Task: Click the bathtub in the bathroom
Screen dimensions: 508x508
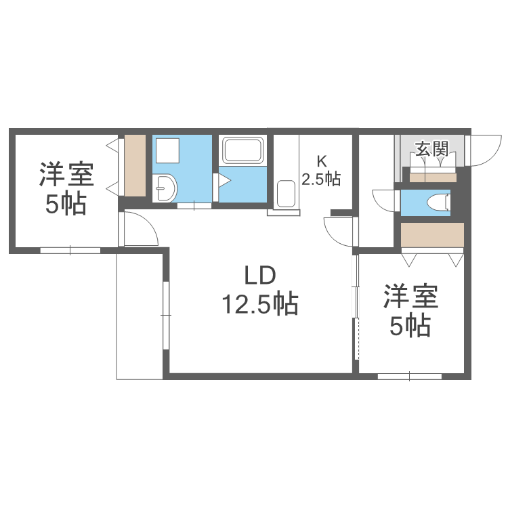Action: tap(242, 150)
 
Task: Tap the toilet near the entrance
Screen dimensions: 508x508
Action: tap(439, 203)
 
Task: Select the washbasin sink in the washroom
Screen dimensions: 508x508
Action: tap(165, 188)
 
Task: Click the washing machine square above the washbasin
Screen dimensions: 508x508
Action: tap(167, 150)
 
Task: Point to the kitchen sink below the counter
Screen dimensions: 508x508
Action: tap(286, 194)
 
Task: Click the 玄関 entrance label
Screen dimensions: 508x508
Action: tap(432, 149)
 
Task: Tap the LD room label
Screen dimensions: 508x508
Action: tap(260, 275)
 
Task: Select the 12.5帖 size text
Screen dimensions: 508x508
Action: tap(260, 305)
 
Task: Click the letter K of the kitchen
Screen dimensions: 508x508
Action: tap(321, 161)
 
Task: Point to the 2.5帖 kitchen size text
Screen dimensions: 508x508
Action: tap(321, 179)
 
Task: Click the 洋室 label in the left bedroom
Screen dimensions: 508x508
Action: tap(66, 174)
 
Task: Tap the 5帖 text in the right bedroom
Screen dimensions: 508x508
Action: tap(410, 326)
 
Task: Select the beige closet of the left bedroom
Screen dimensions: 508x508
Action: tap(135, 165)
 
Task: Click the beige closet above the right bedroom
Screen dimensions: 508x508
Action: tap(432, 234)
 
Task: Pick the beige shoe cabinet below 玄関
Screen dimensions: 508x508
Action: tap(433, 177)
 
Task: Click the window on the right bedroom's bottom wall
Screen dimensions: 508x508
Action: tap(410, 377)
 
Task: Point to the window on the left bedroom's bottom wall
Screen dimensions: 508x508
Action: tap(70, 250)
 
